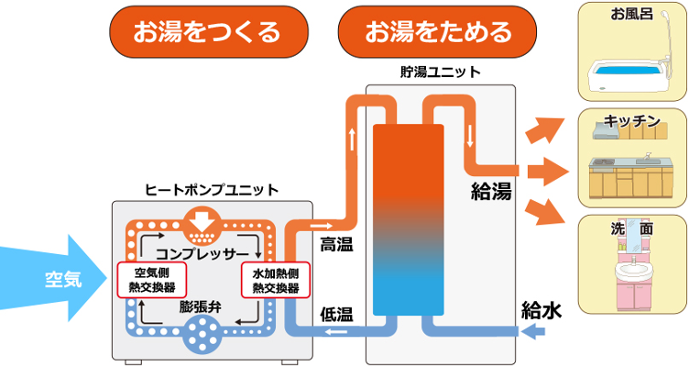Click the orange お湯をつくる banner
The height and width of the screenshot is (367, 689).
click(x=207, y=33)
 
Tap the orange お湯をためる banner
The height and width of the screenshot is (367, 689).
click(x=438, y=33)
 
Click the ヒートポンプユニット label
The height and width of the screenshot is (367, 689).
click(x=213, y=190)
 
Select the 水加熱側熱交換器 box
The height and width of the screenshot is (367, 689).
click(x=276, y=280)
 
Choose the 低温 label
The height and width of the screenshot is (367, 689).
click(x=336, y=312)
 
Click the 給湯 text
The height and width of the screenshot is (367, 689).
click(x=491, y=191)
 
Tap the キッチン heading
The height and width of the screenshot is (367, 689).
click(x=632, y=121)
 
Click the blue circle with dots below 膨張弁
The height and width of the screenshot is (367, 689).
click(x=202, y=336)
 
